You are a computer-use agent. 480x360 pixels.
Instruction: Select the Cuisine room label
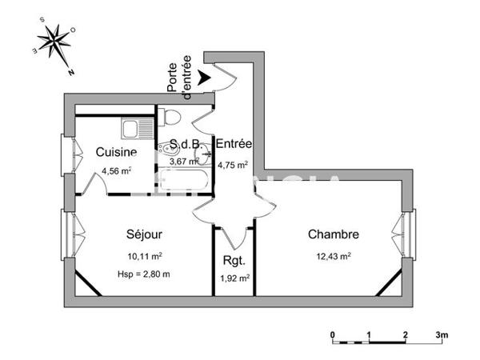coord(116,152)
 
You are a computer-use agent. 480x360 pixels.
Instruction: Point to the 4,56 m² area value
coord(116,170)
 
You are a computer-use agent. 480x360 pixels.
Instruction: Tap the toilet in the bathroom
coord(170,118)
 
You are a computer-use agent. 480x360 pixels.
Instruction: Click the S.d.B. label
coord(185,146)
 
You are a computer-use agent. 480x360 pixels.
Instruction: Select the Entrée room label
coord(234,144)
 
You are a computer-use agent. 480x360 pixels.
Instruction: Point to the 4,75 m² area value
coord(234,165)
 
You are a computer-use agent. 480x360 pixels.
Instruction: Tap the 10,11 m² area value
coord(145,256)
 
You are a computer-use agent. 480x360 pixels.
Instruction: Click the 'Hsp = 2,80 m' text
coord(145,274)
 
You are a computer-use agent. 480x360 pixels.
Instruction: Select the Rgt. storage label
coord(234,260)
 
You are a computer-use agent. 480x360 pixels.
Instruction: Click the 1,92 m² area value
coord(234,278)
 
